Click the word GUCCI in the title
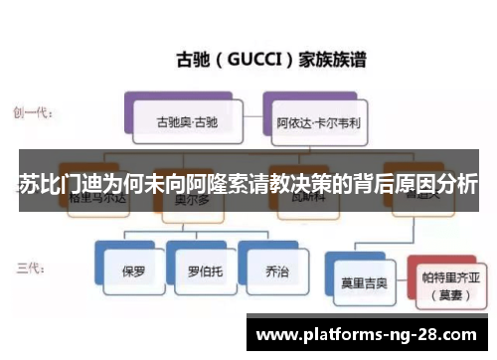tap(252, 59)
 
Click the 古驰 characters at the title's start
tap(194, 59)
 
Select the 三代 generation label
tap(28, 267)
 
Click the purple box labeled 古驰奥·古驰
tap(186, 123)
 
